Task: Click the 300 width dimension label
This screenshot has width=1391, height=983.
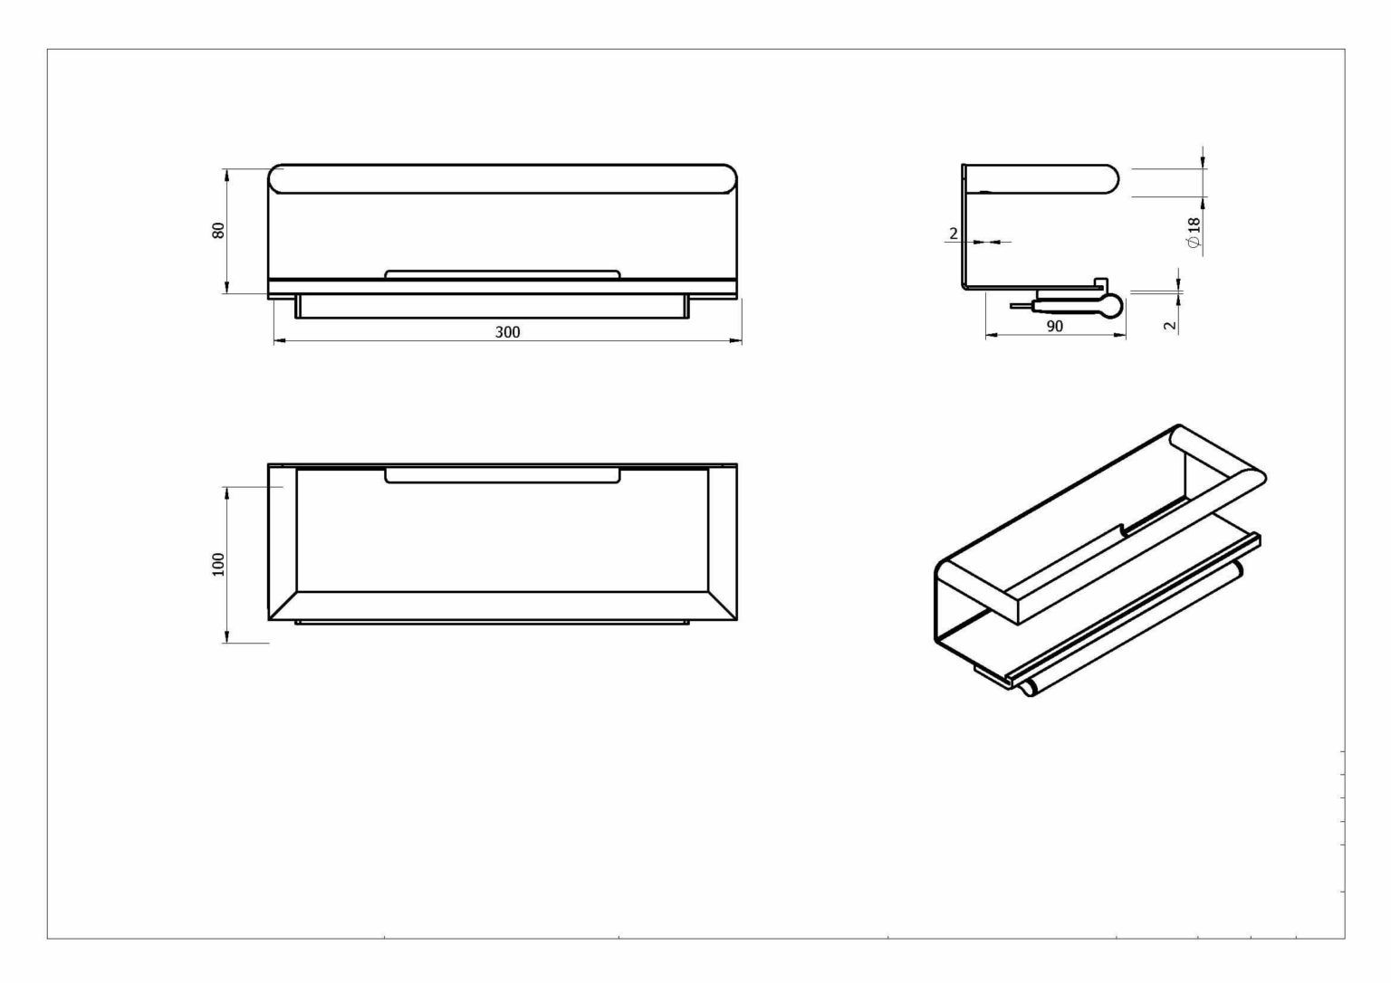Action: pyautogui.click(x=507, y=332)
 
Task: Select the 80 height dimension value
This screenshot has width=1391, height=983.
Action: pyautogui.click(x=218, y=230)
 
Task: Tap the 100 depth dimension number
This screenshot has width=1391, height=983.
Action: pyautogui.click(x=218, y=564)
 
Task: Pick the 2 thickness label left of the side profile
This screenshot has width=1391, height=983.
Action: pyautogui.click(x=954, y=234)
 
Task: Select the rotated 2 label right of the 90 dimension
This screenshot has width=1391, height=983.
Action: pyautogui.click(x=1170, y=325)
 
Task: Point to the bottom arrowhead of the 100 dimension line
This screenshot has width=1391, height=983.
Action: pyautogui.click(x=226, y=636)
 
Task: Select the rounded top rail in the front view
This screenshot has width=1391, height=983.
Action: pyautogui.click(x=503, y=179)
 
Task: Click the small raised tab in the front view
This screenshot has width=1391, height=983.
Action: pyautogui.click(x=503, y=274)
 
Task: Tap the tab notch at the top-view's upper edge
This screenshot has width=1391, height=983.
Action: pyautogui.click(x=503, y=475)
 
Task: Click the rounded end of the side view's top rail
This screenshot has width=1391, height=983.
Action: pyautogui.click(x=1111, y=179)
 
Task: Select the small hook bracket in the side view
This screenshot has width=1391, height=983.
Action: pyautogui.click(x=1100, y=283)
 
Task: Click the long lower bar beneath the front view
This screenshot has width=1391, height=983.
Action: pyautogui.click(x=492, y=307)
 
